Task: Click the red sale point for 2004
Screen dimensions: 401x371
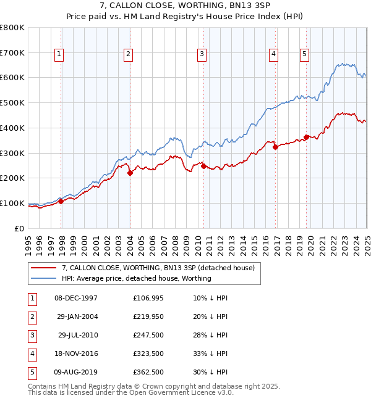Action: coord(130,173)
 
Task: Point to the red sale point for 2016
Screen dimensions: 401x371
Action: coord(276,147)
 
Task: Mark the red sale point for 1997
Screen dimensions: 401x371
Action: coord(61,201)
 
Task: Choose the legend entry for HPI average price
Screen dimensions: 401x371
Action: coord(136,278)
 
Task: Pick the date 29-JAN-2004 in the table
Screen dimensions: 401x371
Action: coord(77,316)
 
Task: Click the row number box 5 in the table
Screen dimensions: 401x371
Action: coord(32,372)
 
